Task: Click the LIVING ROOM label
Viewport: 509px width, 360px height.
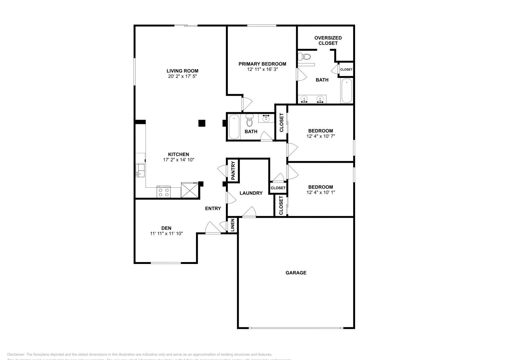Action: [182, 71]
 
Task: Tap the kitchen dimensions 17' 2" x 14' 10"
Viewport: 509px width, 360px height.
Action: [178, 160]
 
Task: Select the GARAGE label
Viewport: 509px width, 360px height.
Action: [296, 273]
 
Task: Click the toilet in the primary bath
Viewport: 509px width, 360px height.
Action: [305, 57]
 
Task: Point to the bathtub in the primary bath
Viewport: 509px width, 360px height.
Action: [346, 90]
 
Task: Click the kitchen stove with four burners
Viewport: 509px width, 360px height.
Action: [164, 192]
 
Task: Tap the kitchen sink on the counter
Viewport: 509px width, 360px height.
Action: [140, 171]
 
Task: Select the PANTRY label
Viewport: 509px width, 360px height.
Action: [233, 171]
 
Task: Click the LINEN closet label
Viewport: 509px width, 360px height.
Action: [233, 225]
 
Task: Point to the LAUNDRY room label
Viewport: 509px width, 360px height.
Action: [251, 193]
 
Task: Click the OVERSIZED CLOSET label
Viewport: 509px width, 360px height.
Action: [328, 40]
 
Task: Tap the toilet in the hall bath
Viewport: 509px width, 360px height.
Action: [249, 121]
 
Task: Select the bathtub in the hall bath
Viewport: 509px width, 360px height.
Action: [234, 127]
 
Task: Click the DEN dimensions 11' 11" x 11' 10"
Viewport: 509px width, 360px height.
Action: [166, 233]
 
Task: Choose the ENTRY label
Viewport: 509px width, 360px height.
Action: [213, 208]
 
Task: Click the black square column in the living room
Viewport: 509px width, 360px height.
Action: [201, 123]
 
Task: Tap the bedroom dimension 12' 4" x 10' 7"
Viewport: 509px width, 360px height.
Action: [321, 136]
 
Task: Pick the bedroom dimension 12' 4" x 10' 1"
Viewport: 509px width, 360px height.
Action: [321, 192]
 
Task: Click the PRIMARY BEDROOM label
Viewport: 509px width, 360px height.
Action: [262, 64]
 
